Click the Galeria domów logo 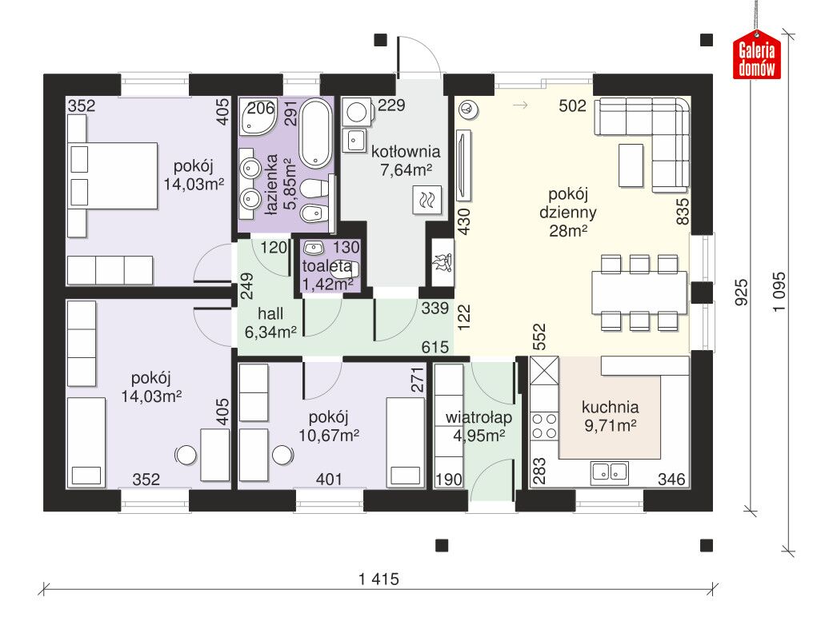(x=756, y=56)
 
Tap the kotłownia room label (x=406, y=152)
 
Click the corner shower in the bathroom (x=258, y=116)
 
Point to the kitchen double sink (x=609, y=472)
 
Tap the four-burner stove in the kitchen (x=544, y=426)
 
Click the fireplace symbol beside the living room (x=442, y=263)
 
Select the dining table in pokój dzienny (x=639, y=293)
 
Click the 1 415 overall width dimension (x=378, y=579)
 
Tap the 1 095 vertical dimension (x=779, y=292)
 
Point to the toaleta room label (x=326, y=266)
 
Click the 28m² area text (x=568, y=230)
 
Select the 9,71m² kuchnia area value (x=611, y=425)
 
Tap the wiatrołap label (x=479, y=417)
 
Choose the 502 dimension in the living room (x=572, y=105)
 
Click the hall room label (x=270, y=313)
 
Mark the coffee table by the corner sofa (x=631, y=165)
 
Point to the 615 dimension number (x=435, y=347)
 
